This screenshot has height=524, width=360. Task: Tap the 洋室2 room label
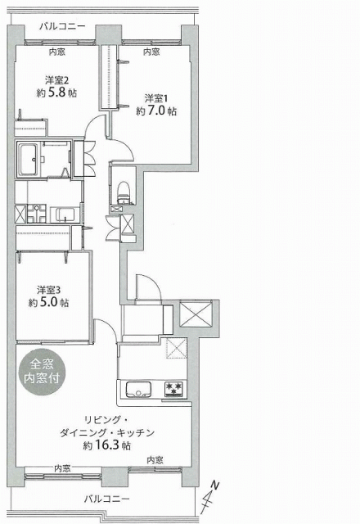click(57, 80)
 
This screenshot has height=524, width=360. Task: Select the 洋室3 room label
click(48, 289)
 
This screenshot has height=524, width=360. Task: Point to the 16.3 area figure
click(108, 445)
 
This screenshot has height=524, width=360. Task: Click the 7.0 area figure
click(156, 111)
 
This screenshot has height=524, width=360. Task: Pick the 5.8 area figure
click(57, 93)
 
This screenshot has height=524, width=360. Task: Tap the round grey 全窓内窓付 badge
click(42, 372)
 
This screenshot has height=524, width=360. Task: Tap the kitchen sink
click(138, 390)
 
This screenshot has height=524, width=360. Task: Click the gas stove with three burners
click(174, 390)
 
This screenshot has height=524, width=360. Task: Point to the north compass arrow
click(209, 497)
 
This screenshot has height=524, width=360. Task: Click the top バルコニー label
click(62, 26)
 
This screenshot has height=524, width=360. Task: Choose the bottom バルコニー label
click(106, 499)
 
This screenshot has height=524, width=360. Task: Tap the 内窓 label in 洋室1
click(151, 52)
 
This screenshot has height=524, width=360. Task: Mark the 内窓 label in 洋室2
click(56, 52)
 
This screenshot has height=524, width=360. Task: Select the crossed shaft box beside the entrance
click(196, 314)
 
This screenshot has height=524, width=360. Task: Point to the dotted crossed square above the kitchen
click(177, 348)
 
